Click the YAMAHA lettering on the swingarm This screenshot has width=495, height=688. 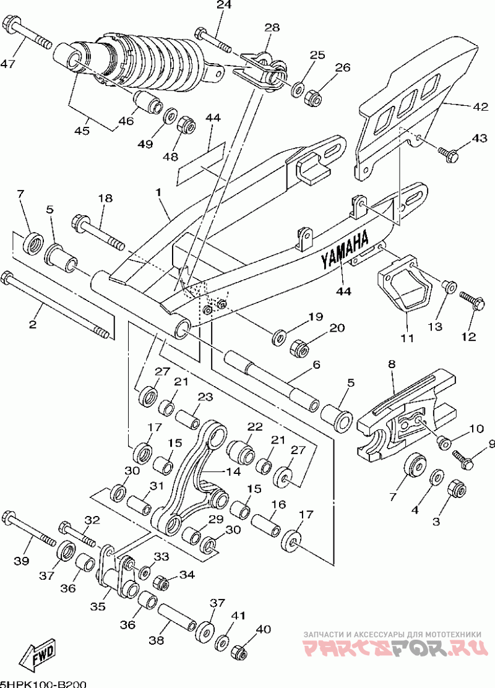(x=345, y=251)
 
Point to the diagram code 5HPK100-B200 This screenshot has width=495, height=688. (x=43, y=684)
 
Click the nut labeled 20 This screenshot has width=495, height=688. (x=301, y=347)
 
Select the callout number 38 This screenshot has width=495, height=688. (x=156, y=640)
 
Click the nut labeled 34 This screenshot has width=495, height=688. (x=161, y=582)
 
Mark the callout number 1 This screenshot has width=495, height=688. (x=158, y=192)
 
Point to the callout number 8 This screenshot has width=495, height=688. (x=392, y=364)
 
